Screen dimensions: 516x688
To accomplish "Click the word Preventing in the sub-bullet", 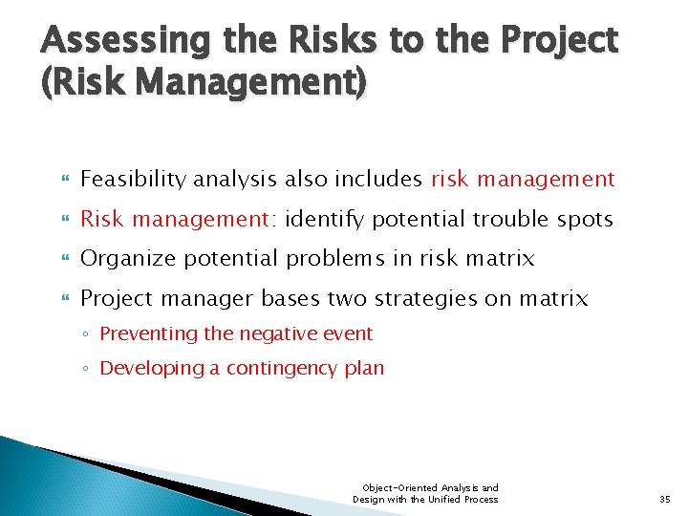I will click(x=144, y=333).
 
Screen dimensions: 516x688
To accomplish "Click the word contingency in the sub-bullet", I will click(x=290, y=368).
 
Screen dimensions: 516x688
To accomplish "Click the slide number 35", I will click(x=665, y=499).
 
